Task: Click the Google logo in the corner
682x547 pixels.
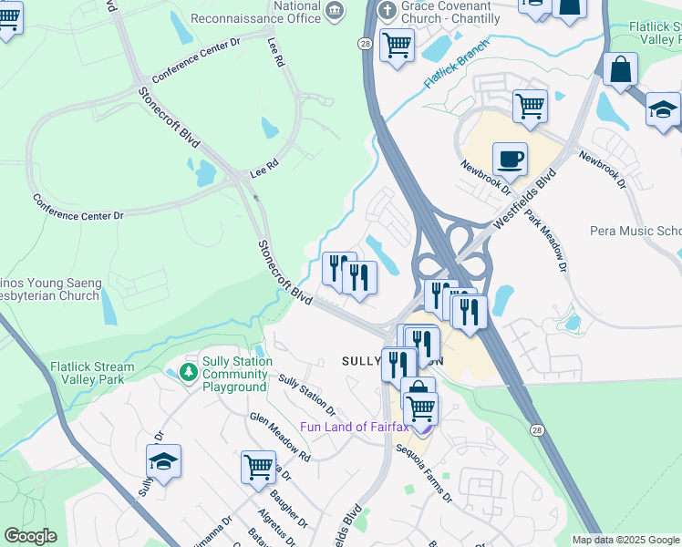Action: click(x=30, y=536)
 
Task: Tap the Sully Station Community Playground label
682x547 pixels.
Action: click(x=236, y=375)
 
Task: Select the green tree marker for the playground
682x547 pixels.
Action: click(x=188, y=372)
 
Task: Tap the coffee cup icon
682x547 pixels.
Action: click(x=510, y=160)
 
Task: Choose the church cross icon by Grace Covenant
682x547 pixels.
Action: click(x=387, y=9)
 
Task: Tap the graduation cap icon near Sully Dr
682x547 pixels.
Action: click(x=163, y=461)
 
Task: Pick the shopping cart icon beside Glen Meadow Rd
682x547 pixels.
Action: click(x=258, y=467)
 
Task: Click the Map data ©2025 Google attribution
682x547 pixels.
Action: click(x=625, y=540)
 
